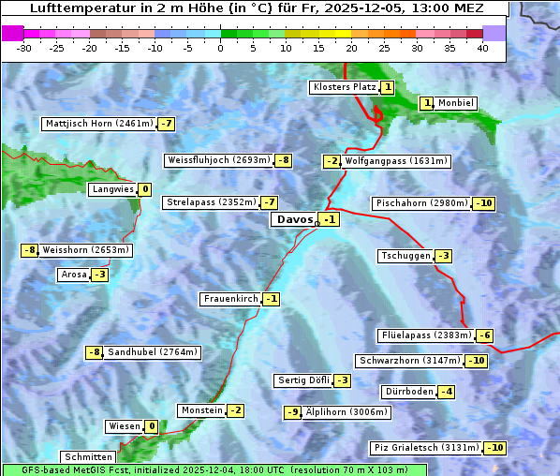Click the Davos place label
(x=294, y=219)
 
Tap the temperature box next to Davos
(x=329, y=219)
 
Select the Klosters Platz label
(x=344, y=87)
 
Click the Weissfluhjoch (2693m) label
(x=218, y=160)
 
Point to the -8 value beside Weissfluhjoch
(x=283, y=160)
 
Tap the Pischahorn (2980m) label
(x=420, y=203)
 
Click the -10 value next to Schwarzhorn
(x=477, y=361)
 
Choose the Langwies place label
(x=111, y=189)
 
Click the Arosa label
(x=73, y=275)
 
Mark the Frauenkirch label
(x=229, y=299)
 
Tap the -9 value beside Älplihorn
(x=293, y=412)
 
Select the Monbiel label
(x=456, y=103)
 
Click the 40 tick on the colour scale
(x=482, y=46)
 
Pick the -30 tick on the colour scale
(x=24, y=46)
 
